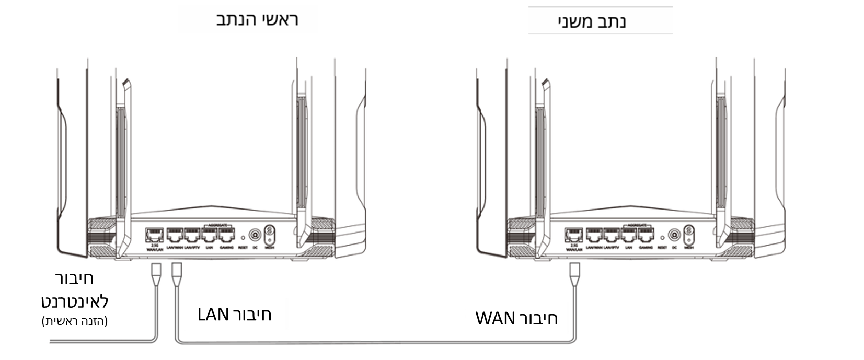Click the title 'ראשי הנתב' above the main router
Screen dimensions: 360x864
click(257, 20)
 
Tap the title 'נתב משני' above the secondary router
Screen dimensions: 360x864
click(592, 22)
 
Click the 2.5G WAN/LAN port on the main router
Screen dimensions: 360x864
click(154, 235)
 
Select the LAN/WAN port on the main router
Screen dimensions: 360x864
click(175, 235)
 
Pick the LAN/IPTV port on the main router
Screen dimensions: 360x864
click(192, 235)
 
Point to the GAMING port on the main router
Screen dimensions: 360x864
click(226, 235)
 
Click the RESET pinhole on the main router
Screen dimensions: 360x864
click(243, 237)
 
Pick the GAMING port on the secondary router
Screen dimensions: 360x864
click(646, 235)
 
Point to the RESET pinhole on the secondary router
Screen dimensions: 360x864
click(662, 237)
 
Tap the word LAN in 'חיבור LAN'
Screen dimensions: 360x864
click(213, 315)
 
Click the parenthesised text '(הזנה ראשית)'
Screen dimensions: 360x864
click(75, 321)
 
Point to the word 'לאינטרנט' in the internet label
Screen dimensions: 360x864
click(75, 301)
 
